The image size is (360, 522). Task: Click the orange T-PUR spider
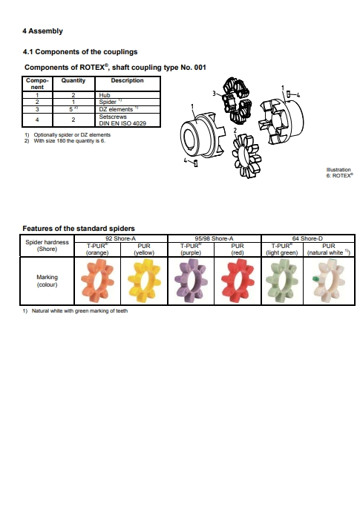[97, 281]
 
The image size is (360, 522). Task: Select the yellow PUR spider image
[145, 281]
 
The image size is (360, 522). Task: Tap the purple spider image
[191, 281]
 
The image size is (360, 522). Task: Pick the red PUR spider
[238, 281]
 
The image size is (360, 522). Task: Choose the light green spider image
[282, 281]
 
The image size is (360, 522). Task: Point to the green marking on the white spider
[315, 279]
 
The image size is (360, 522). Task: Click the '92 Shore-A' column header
[121, 238]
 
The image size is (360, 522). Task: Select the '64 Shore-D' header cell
[308, 238]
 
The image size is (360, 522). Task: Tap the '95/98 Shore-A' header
[215, 238]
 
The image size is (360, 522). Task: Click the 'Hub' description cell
[128, 95]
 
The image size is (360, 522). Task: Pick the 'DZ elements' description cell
[128, 109]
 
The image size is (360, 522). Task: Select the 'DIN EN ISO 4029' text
[122, 123]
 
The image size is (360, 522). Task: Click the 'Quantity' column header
[73, 80]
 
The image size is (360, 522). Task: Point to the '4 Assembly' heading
[42, 31]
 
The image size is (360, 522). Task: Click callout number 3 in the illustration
[214, 94]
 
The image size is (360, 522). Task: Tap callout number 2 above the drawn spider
[235, 130]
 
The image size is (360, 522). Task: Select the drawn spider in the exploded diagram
[246, 156]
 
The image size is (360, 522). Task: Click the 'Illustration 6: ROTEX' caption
[339, 172]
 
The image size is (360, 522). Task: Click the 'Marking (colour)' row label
[47, 281]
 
